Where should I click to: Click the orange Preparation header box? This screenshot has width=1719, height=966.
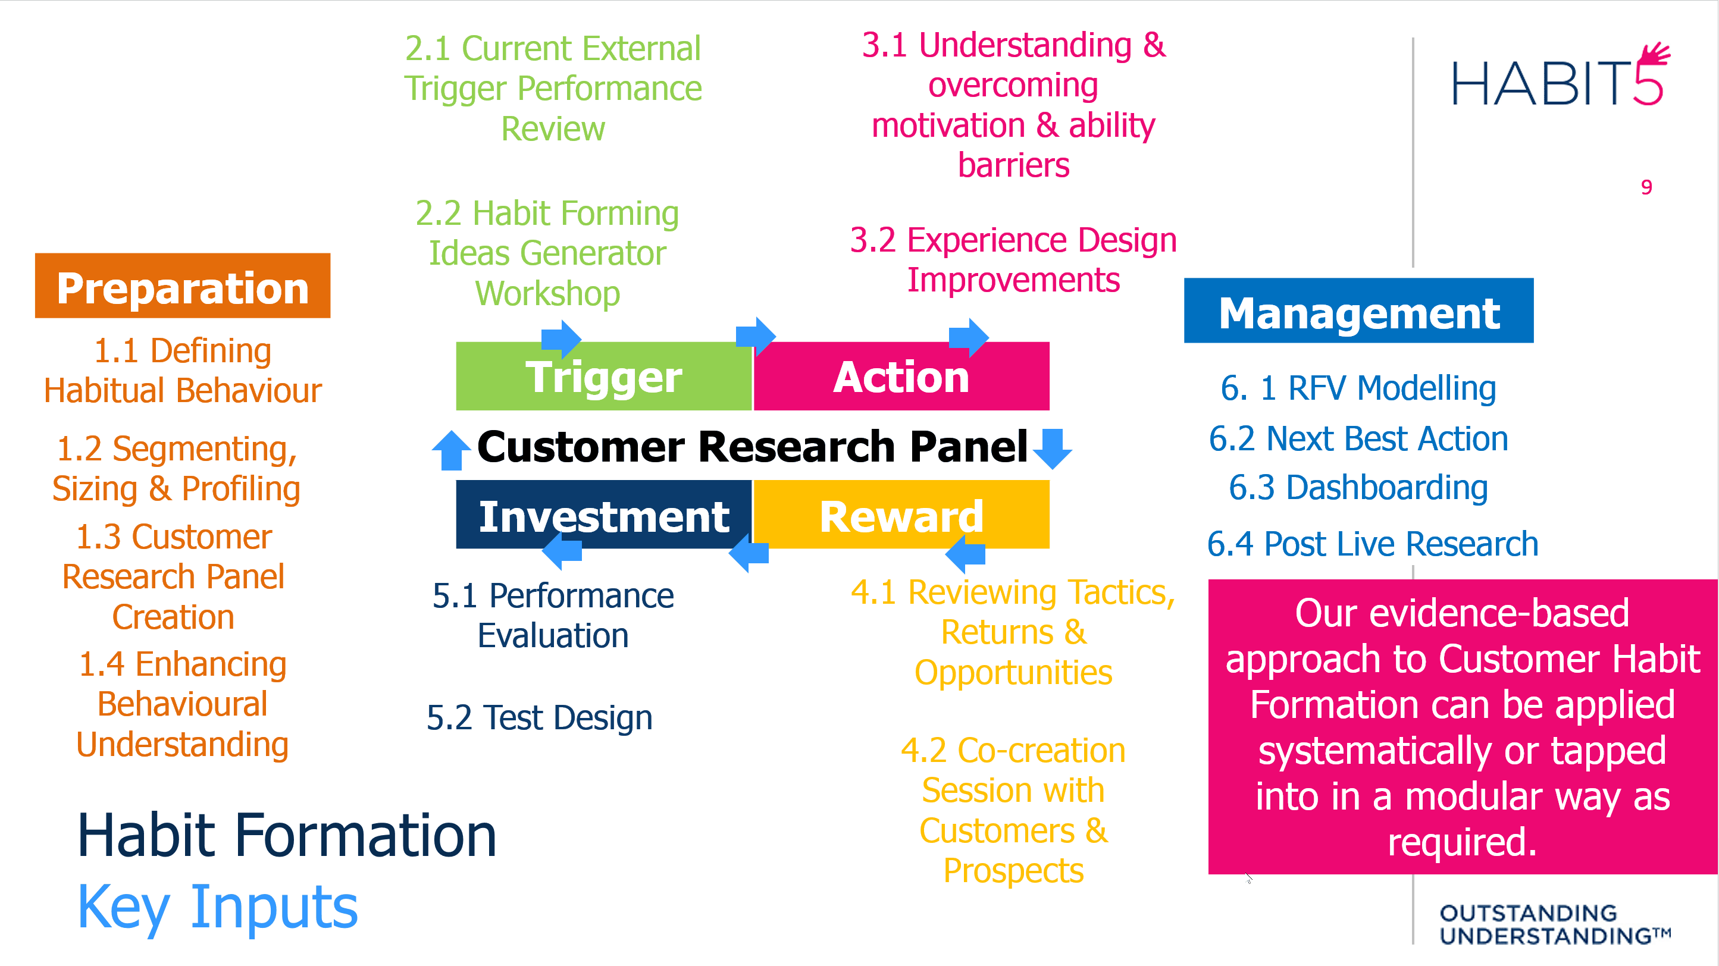pos(182,286)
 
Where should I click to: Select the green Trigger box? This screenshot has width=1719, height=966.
pos(603,377)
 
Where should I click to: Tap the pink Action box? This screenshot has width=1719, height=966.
pos(901,377)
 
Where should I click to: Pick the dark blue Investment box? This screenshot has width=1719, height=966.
pos(603,516)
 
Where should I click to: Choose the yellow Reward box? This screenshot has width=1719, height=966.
pos(901,516)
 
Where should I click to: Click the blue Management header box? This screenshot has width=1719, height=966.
pos(1358,312)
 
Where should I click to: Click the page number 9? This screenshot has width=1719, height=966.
pos(1646,187)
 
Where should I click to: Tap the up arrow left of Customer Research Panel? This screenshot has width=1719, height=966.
pos(451,450)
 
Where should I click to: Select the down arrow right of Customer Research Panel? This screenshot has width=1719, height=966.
pos(1053,448)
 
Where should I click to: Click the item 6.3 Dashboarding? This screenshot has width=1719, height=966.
pos(1358,488)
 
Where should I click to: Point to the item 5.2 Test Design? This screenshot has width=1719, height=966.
pos(539,718)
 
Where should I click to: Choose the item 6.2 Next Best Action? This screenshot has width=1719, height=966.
pos(1358,438)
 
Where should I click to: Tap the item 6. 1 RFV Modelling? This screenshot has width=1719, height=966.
pos(1358,388)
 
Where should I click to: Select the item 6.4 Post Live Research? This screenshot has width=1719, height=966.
pos(1373,544)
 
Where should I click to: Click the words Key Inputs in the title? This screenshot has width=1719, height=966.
pos(218,907)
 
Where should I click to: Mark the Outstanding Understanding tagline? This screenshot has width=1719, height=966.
pos(1554,924)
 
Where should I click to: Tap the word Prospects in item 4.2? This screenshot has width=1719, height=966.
pos(1013,871)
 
